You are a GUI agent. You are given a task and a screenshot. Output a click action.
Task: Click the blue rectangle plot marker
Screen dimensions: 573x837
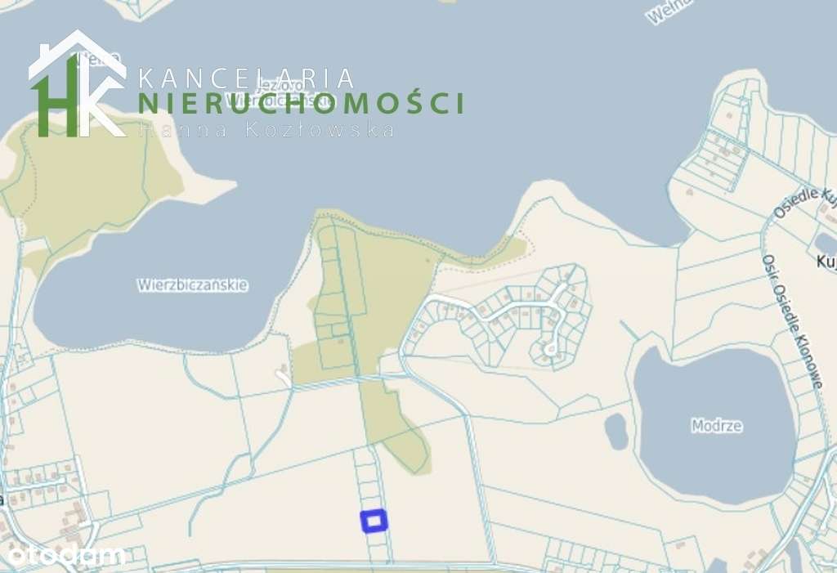[374, 521]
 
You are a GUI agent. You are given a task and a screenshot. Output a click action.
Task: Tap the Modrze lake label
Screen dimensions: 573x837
[716, 426]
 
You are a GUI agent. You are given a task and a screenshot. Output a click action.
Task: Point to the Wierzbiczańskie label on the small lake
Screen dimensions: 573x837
[192, 285]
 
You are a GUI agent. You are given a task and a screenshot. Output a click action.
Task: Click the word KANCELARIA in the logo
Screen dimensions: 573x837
[247, 78]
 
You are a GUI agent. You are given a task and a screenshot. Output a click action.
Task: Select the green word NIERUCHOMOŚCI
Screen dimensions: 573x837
[301, 104]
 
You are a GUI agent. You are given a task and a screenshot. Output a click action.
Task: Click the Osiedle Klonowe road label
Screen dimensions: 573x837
[790, 320]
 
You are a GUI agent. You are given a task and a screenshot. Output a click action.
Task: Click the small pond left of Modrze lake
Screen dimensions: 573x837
[616, 431]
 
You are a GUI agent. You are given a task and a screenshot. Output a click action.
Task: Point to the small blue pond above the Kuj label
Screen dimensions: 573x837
[825, 243]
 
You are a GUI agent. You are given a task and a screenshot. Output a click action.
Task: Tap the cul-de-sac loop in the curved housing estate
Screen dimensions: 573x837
[549, 349]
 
